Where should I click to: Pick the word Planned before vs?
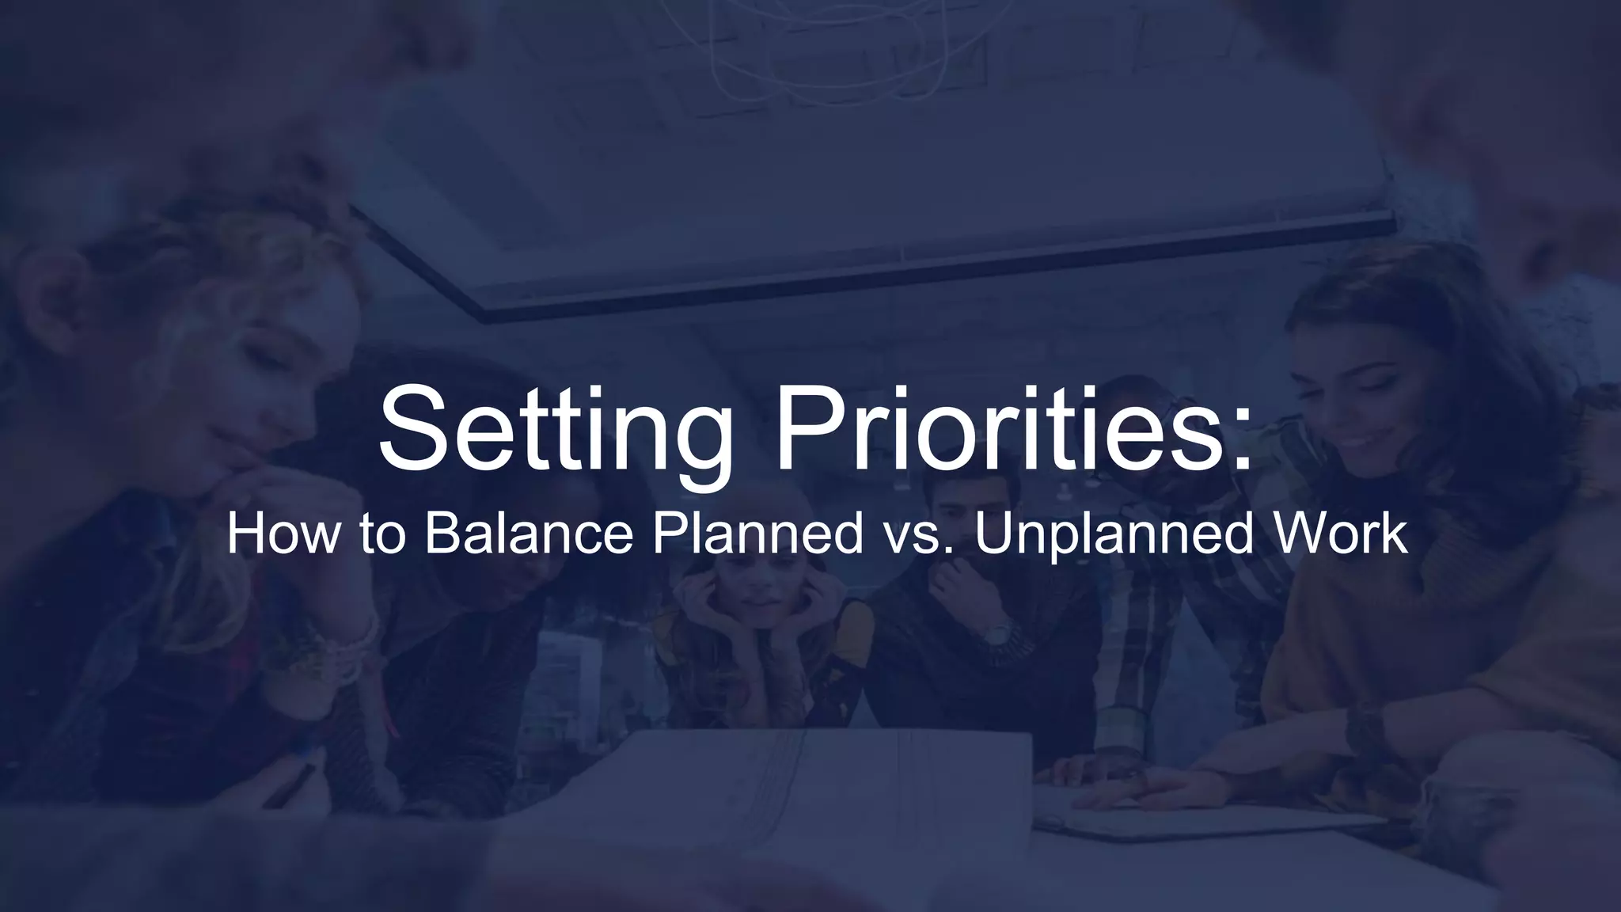757,534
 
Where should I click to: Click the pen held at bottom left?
289,784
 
